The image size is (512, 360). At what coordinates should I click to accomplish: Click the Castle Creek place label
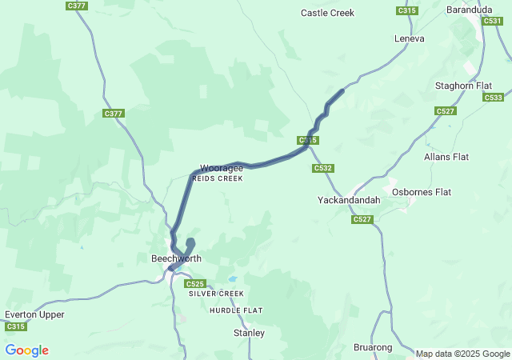(x=327, y=13)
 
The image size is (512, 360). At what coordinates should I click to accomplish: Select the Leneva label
(x=409, y=38)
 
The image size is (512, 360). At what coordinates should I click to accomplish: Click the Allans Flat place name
(x=446, y=157)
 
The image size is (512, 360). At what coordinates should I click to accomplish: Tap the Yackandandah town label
(x=348, y=199)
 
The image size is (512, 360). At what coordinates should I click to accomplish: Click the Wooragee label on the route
(x=222, y=168)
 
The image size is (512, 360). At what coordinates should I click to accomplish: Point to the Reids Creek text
(x=218, y=178)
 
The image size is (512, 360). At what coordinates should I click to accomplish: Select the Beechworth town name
(x=176, y=258)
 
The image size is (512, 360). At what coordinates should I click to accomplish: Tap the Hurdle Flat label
(x=236, y=310)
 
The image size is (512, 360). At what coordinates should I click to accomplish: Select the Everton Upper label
(x=34, y=314)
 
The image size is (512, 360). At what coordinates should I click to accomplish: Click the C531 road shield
(x=494, y=21)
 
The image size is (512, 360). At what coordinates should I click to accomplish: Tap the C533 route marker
(x=494, y=97)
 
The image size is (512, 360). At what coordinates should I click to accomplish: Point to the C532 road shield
(x=323, y=168)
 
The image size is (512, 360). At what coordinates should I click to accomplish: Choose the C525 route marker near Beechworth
(x=195, y=284)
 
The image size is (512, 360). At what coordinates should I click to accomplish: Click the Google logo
(x=26, y=350)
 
